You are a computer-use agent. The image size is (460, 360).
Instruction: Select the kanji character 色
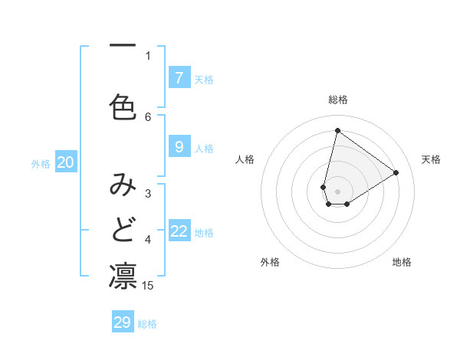123,106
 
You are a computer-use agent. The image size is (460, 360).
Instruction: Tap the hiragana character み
123,185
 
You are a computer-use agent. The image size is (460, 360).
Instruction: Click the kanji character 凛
123,276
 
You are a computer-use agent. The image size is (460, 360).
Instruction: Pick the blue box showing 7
179,77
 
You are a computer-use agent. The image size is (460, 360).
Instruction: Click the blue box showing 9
179,147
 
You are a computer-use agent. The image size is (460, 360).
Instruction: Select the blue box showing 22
179,231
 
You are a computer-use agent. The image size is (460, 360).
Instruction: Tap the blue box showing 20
66,162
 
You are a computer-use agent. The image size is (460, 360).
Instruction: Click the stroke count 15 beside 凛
148,286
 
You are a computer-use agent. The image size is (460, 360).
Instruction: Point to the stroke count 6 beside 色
148,116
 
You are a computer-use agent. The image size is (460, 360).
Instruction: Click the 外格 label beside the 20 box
41,163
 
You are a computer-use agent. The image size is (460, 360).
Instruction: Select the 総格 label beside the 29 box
148,324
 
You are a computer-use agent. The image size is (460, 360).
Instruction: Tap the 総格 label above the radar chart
338,100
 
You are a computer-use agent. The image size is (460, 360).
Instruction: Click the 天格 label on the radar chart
431,159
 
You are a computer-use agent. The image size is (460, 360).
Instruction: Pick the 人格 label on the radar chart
245,159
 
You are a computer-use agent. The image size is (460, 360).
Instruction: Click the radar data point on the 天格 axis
396,172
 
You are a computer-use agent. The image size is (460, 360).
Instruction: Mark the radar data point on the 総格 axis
337,130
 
